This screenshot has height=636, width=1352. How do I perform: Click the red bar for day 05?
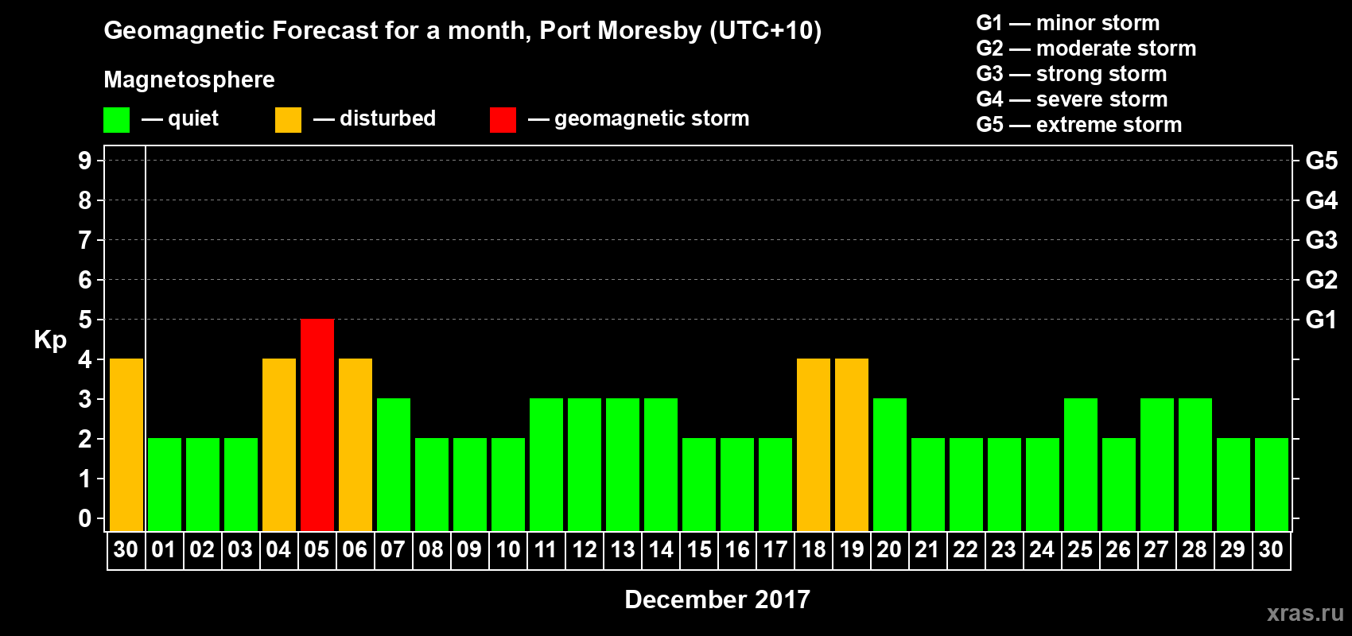click(317, 425)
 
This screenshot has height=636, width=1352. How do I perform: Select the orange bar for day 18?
click(814, 444)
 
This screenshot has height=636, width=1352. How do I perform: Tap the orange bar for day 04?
click(279, 444)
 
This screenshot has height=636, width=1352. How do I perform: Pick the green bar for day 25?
click(1081, 464)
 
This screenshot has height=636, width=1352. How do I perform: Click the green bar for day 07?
click(394, 464)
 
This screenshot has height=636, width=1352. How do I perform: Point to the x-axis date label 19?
click(851, 549)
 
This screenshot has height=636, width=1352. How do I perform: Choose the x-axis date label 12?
click(585, 549)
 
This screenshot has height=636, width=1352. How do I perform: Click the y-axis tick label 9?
click(85, 161)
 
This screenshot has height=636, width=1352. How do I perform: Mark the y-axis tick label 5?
click(85, 320)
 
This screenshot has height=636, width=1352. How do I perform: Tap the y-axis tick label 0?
click(85, 518)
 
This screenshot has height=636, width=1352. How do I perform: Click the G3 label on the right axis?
click(1321, 240)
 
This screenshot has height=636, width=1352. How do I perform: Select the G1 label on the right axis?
click(1321, 320)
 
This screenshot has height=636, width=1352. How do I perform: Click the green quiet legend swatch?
click(116, 120)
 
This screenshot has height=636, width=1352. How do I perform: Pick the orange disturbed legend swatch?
click(288, 120)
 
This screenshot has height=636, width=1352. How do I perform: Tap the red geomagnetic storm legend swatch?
click(503, 120)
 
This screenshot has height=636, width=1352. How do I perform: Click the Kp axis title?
click(50, 339)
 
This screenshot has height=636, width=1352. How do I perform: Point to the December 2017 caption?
click(717, 599)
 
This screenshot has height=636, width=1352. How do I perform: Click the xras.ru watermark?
click(1305, 613)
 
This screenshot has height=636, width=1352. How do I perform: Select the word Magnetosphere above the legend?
click(189, 79)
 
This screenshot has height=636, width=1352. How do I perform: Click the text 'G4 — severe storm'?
click(1072, 99)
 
